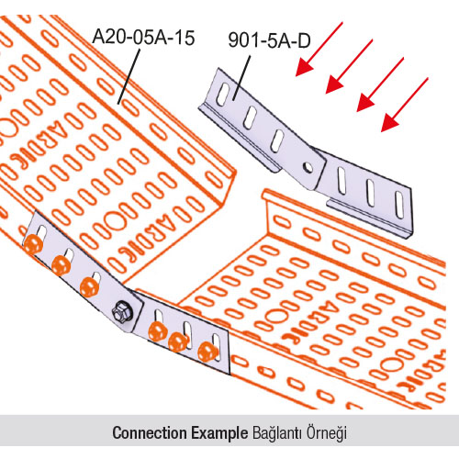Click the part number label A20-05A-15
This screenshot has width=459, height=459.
(143, 38)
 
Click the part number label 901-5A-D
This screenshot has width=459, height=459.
(269, 40)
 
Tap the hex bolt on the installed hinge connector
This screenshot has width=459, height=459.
(122, 312)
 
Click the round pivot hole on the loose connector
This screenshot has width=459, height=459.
(308, 167)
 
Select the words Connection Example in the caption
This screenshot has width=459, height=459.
(180, 432)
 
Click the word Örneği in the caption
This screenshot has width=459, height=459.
(327, 433)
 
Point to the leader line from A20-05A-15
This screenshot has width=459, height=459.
(129, 76)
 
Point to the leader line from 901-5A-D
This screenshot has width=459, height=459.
(241, 78)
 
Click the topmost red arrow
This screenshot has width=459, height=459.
(319, 49)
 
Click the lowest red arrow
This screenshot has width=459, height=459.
(405, 105)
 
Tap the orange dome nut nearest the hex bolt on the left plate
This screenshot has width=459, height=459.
(89, 287)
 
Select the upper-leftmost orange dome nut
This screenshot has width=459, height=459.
(33, 245)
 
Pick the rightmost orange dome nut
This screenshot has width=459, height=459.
(207, 352)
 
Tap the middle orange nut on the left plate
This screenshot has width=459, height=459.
(62, 265)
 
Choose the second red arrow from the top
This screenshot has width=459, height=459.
(349, 66)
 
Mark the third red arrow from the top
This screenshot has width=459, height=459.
(380, 84)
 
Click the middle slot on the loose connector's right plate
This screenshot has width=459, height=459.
(371, 193)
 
